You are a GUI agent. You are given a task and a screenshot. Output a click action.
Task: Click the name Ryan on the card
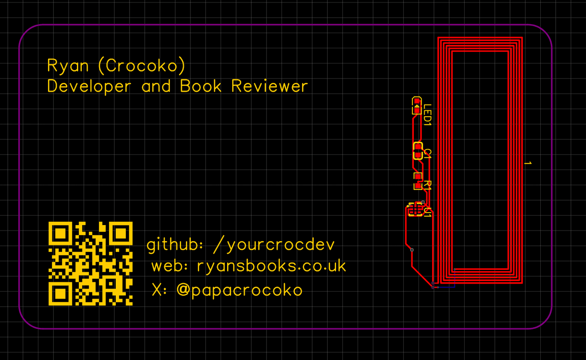68,66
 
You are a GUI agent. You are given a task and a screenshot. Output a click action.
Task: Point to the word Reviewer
270,86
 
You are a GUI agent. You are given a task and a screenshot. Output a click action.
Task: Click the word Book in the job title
201,86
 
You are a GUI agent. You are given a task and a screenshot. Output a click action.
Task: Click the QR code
90,263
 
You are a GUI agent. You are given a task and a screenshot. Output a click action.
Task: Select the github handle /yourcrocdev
274,245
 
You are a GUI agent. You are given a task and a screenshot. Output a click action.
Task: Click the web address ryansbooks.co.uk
271,266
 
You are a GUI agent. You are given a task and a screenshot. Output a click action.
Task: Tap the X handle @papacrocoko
239,290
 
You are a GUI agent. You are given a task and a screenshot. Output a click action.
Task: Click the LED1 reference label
427,115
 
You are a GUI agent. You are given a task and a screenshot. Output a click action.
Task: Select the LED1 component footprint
417,106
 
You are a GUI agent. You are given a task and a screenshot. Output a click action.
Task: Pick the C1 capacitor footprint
418,150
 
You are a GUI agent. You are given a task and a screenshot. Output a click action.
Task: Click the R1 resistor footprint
418,181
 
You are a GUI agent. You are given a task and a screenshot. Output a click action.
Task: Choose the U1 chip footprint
415,210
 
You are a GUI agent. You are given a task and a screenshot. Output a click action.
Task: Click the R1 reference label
427,185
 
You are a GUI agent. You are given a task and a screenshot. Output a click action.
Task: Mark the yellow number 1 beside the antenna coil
527,163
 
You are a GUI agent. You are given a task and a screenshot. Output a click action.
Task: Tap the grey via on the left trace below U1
412,250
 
